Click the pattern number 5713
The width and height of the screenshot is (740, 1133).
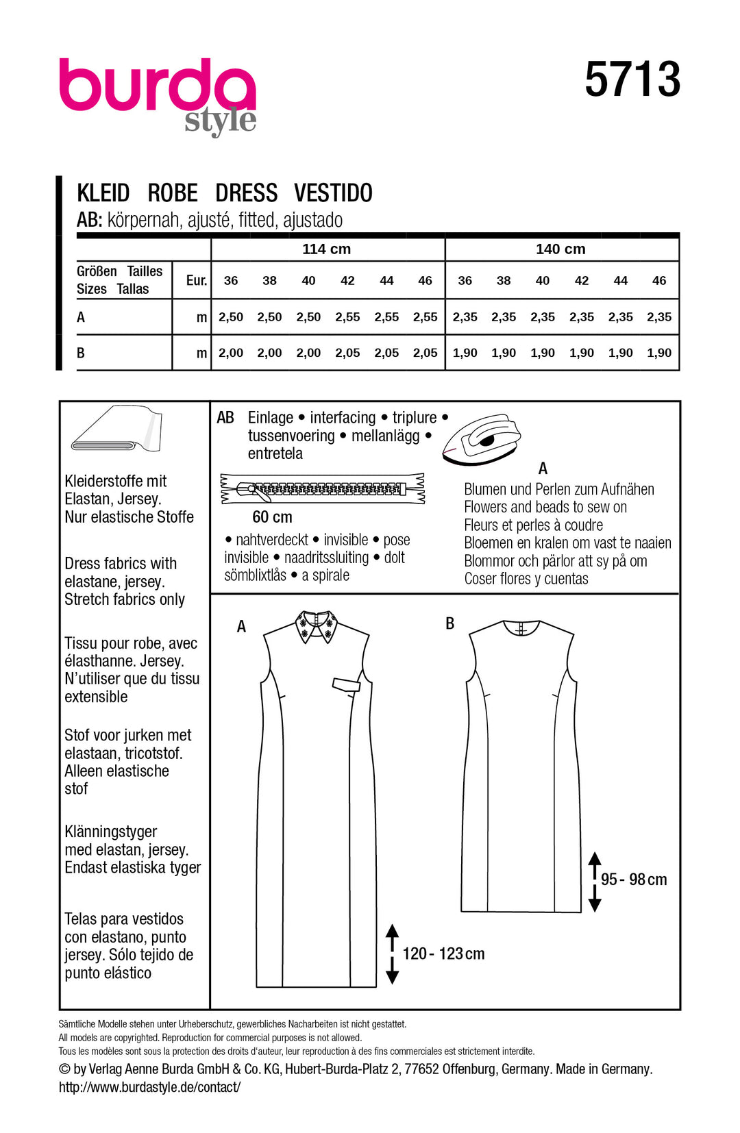tap(632, 80)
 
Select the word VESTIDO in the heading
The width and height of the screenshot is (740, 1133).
tap(333, 193)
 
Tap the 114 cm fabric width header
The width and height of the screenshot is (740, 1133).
tap(326, 249)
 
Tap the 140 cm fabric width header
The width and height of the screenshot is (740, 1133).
tap(560, 249)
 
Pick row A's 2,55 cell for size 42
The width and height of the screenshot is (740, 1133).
tap(347, 317)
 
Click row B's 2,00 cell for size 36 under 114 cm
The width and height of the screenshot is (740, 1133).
tap(231, 353)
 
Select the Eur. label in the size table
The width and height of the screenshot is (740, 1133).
tap(197, 280)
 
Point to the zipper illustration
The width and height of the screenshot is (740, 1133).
tap(322, 489)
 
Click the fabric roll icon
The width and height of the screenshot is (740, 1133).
tap(116, 429)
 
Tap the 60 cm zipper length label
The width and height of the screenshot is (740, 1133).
tap(272, 517)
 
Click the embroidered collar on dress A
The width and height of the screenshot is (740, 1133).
tap(317, 626)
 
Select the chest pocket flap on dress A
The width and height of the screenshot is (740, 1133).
tap(346, 683)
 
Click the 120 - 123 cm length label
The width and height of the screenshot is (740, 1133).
tap(443, 954)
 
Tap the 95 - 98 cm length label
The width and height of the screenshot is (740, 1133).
tap(634, 880)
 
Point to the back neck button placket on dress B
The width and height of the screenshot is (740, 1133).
tap(521, 627)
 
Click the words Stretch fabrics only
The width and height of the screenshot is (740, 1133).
tap(125, 599)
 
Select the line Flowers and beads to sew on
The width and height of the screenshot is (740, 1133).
tap(545, 507)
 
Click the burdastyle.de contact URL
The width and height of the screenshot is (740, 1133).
tap(149, 1087)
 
